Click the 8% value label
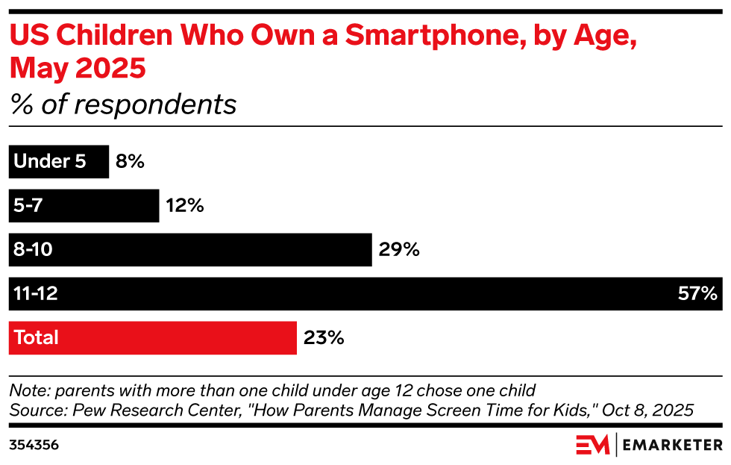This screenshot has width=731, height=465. coord(130,161)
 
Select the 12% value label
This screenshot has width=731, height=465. coord(184,205)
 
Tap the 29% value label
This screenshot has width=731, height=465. coord(399,249)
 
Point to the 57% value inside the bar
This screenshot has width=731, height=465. coord(697,293)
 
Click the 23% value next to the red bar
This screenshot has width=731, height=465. coord(324,337)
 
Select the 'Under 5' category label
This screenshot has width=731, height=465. coord(50,161)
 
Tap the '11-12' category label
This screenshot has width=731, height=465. coord(36,293)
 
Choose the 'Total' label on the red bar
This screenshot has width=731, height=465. coord(37,337)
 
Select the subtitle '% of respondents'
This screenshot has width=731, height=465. coord(123,104)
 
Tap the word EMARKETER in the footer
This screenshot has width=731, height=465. coord(672,446)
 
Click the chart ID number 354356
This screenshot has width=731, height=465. coord(34,446)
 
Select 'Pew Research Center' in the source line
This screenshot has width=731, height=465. coord(131,410)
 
